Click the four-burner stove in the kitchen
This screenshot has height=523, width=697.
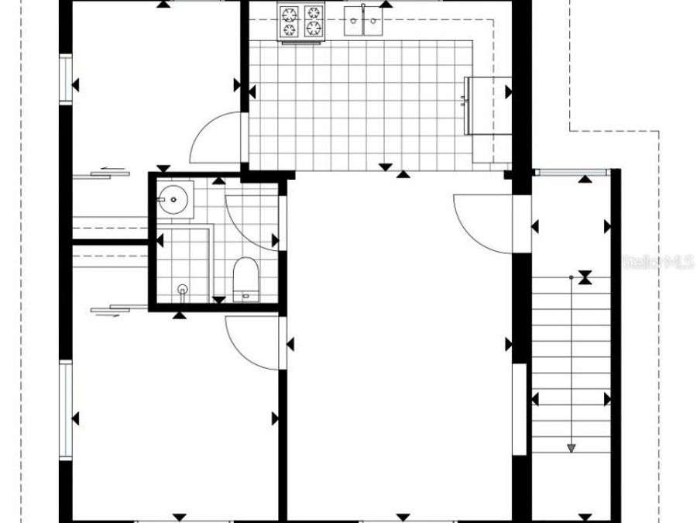pos(301,22)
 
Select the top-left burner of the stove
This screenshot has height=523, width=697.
pos(290,14)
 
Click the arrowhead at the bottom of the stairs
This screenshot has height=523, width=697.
pos(572,447)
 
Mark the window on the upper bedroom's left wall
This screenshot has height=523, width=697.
pos(66,78)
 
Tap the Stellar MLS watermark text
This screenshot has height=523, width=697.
pos(658,263)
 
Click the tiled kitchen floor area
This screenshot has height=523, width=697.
pos(364,108)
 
